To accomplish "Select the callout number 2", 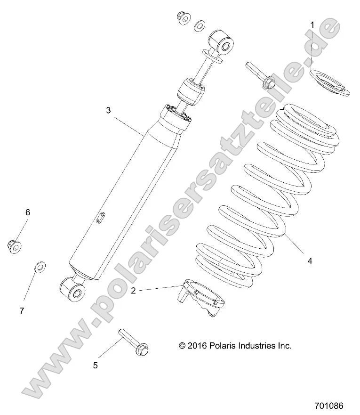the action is (x=133, y=291).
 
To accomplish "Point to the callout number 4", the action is (x=310, y=260).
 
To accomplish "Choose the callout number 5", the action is (x=96, y=365).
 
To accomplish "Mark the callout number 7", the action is (x=22, y=310).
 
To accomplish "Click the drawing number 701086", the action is (x=329, y=405).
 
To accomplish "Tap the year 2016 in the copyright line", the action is (x=198, y=345).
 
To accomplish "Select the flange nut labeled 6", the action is (x=14, y=245).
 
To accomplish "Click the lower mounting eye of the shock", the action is (x=73, y=288).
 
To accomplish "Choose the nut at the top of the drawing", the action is (x=181, y=18).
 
